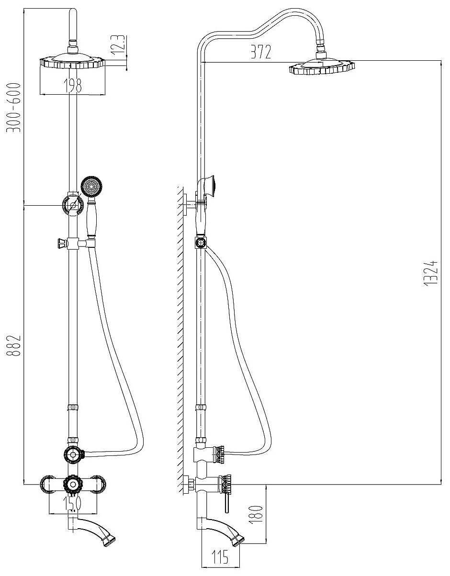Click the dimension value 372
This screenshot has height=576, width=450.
[260, 52]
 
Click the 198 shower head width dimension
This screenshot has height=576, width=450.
[71, 85]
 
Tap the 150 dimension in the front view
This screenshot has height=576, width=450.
[72, 503]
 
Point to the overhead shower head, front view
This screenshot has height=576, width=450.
[72, 62]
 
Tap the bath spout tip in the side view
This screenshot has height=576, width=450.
[238, 540]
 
